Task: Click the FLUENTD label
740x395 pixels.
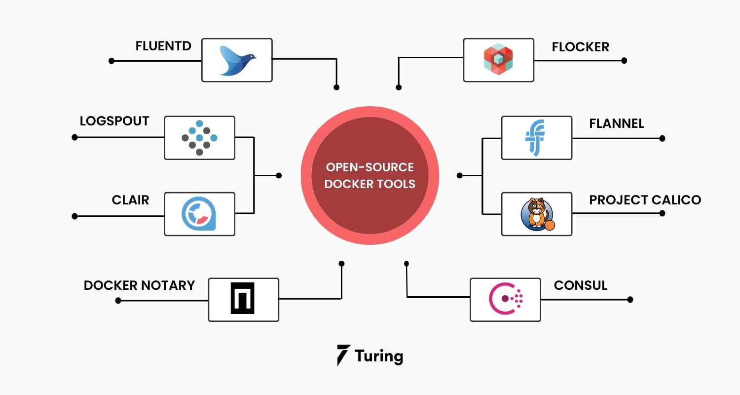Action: coord(163,46)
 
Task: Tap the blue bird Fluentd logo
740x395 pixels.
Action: coord(237,60)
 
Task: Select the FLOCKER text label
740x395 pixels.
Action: coord(580,47)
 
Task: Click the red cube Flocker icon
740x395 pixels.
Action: coord(498,60)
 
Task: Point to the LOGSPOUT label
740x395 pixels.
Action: coord(114,121)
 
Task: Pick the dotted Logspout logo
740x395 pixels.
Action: coord(199,138)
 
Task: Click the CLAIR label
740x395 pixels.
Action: coord(130,200)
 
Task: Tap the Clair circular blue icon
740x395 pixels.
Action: coord(199,214)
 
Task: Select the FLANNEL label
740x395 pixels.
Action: coord(617,123)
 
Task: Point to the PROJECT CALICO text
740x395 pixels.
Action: coord(645,200)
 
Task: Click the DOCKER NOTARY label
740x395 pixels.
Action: coord(139,285)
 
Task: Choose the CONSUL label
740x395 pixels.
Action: coord(580,285)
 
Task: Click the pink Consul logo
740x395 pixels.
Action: coord(505,299)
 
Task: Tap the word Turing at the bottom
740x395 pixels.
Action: coord(378,356)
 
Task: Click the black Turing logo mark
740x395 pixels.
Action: coord(344,355)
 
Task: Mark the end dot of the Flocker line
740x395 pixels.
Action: coord(624,61)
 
